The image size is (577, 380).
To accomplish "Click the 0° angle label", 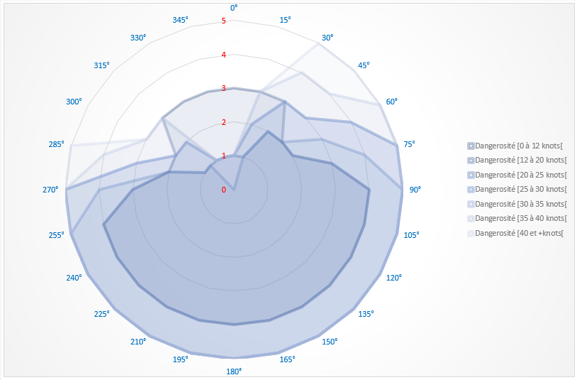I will click(234, 8).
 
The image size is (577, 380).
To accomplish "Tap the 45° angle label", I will click(364, 65).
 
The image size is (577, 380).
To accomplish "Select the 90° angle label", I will click(415, 190).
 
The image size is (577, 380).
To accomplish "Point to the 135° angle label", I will click(366, 313).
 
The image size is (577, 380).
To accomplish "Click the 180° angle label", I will click(234, 371).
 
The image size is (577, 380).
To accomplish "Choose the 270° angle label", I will click(50, 190).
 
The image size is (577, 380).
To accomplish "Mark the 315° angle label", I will click(102, 65).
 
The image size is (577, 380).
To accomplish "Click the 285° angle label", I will click(57, 144).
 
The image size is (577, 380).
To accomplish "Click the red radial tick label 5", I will click(224, 21).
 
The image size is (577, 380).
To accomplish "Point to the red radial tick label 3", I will click(224, 89).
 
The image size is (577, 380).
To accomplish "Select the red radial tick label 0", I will click(224, 190).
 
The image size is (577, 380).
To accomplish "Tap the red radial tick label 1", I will click(224, 156).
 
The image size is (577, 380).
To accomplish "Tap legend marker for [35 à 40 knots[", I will click(471, 218).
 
